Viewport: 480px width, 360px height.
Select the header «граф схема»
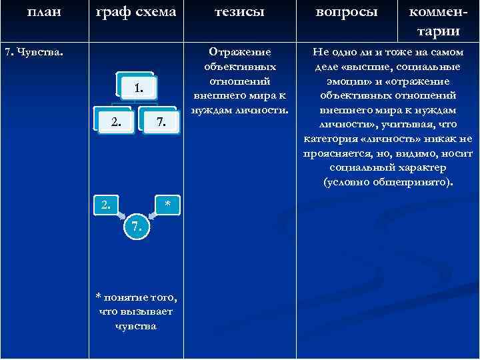point(136,12)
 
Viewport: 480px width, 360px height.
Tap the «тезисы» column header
point(239,12)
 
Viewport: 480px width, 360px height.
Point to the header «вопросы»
point(346,12)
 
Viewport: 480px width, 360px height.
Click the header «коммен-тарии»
point(438,23)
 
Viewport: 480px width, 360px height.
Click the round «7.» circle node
point(137,227)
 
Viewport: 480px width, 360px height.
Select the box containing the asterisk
point(167,204)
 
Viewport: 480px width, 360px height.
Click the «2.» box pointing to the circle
point(106,204)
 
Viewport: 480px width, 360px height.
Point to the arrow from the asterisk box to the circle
point(155,216)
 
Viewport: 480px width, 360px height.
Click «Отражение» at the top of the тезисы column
point(239,52)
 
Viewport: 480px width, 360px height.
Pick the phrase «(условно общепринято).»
point(387,181)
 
